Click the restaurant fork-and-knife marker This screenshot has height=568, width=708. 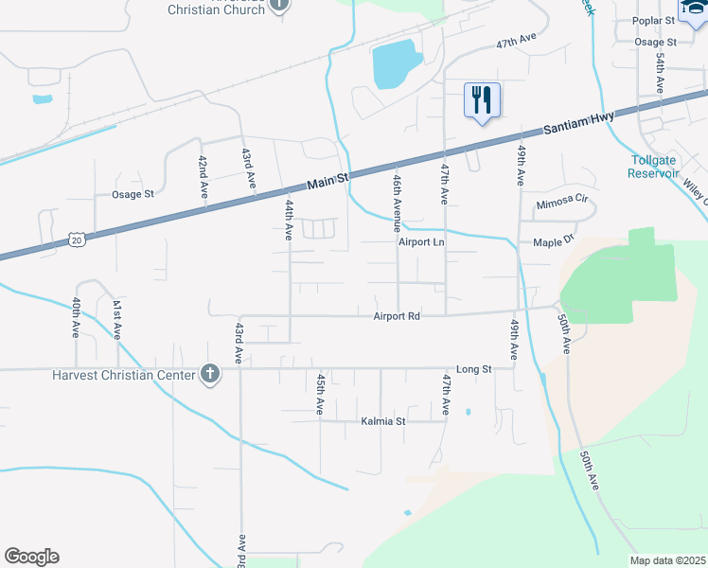tap(482, 98)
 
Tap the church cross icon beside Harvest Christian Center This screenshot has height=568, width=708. tap(209, 375)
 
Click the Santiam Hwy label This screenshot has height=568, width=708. tap(579, 123)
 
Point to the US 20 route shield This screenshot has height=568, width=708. tap(78, 240)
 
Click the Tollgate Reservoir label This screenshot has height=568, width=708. tap(654, 167)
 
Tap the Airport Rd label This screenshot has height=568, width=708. tap(397, 316)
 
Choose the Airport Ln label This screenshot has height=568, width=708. tap(420, 242)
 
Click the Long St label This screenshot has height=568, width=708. tap(474, 369)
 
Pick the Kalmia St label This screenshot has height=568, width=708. tap(382, 421)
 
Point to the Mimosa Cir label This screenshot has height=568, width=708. tap(562, 203)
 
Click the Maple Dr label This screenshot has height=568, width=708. tap(554, 241)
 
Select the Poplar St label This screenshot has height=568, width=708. tap(654, 20)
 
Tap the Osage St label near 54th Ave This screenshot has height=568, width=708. tap(656, 43)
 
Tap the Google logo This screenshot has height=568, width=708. tap(31, 557)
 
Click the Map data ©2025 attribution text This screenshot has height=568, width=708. tap(668, 560)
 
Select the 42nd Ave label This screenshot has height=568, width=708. tap(203, 176)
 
